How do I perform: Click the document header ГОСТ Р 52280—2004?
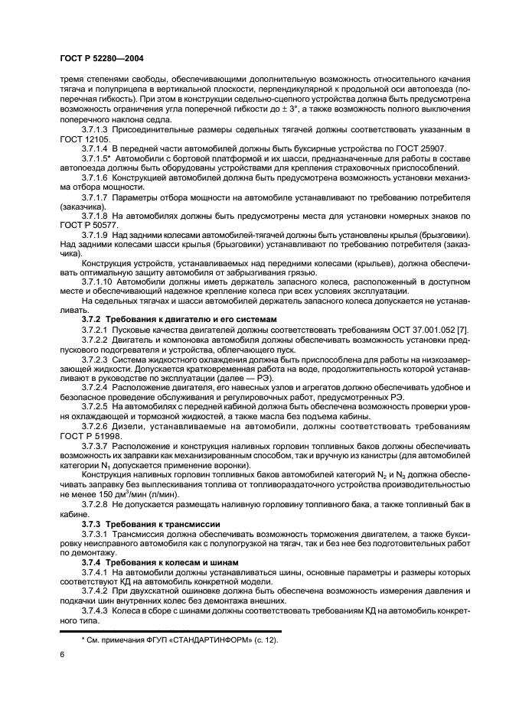(x=102, y=57)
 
